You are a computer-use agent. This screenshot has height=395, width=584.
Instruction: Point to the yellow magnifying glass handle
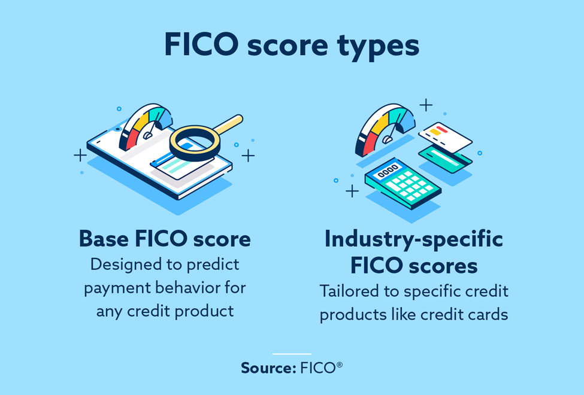(x=227, y=124)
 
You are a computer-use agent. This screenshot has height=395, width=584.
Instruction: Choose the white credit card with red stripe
(x=446, y=137)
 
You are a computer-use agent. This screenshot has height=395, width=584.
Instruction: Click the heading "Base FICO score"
(x=165, y=239)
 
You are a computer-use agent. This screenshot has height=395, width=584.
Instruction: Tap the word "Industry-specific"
(x=413, y=239)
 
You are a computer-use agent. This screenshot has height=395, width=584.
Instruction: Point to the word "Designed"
(x=126, y=264)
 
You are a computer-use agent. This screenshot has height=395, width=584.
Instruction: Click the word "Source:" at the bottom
(x=266, y=367)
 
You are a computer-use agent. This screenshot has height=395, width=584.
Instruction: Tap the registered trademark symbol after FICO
(x=339, y=363)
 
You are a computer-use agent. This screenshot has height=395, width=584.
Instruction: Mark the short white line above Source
(x=292, y=354)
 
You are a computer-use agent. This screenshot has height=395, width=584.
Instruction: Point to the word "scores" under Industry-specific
(x=443, y=265)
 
